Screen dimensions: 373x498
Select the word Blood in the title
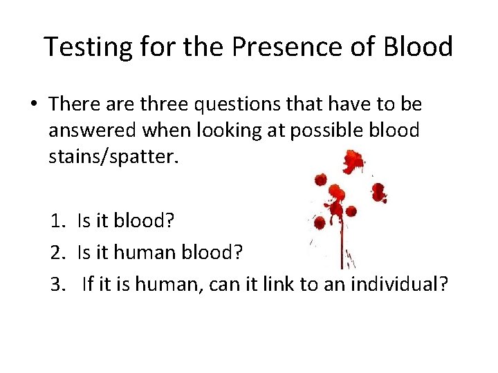pyautogui.click(x=418, y=47)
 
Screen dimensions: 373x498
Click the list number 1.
pyautogui.click(x=55, y=221)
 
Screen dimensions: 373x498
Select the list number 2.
pyautogui.click(x=55, y=253)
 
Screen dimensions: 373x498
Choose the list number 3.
pyautogui.click(x=55, y=284)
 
